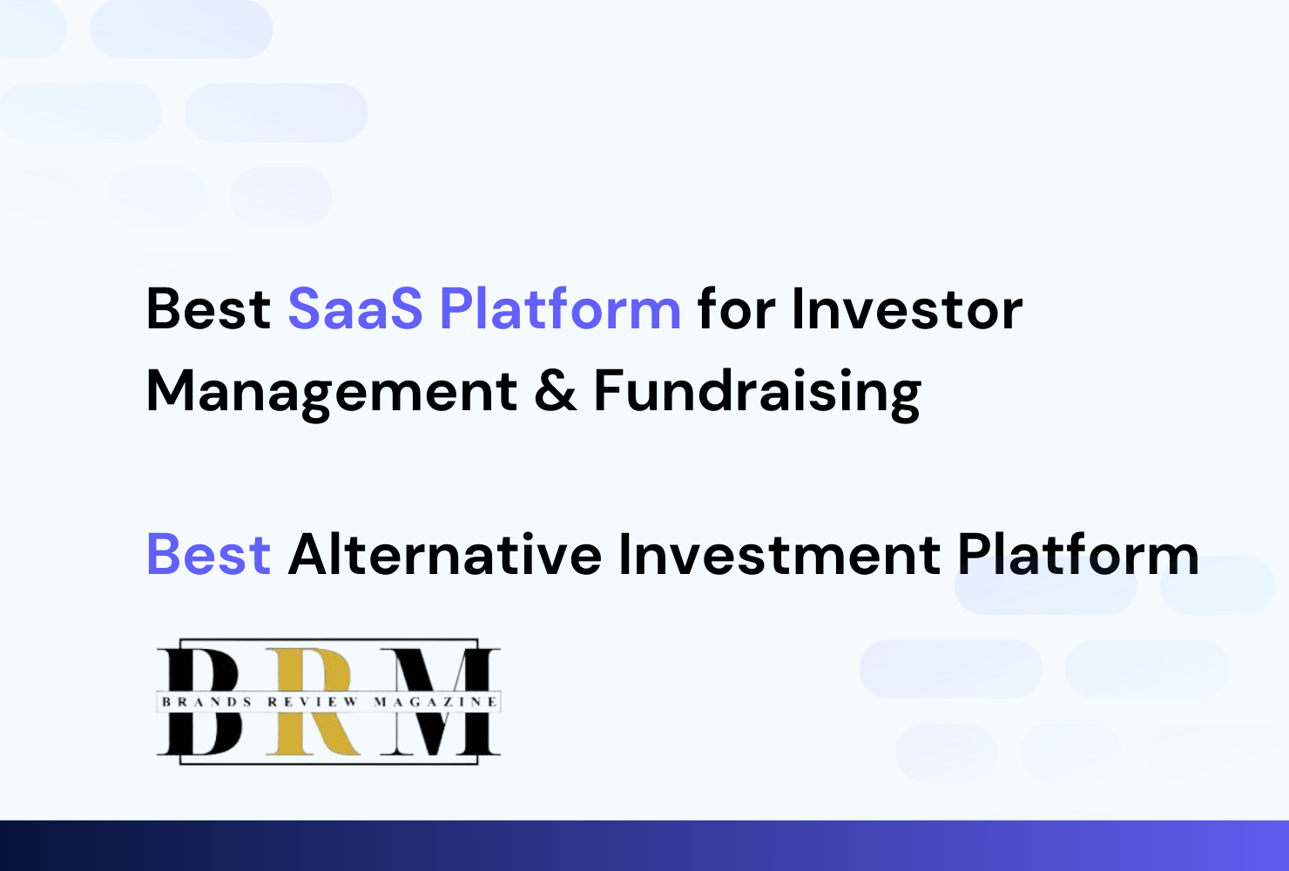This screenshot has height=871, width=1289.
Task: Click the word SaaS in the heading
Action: point(355,309)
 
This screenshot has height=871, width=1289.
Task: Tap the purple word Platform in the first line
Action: point(561,308)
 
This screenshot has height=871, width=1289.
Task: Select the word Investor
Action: point(907,309)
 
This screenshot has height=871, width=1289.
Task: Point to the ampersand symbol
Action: point(556,391)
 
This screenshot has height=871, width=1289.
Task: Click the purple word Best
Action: point(208,554)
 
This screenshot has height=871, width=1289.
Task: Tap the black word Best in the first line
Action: point(208,309)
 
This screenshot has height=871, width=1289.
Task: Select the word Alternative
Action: point(445,553)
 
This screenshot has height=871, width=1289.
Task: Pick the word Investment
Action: point(779,553)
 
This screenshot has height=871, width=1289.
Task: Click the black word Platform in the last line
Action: point(1078,553)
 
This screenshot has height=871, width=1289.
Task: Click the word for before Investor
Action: point(736,308)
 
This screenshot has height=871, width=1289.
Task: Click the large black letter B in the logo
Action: point(199,700)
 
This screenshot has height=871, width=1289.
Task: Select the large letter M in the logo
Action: point(440,700)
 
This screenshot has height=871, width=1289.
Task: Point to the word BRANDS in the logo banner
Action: point(206,702)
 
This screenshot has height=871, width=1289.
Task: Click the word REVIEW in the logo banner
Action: point(313,702)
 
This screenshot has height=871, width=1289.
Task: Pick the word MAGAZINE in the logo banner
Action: point(435,702)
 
